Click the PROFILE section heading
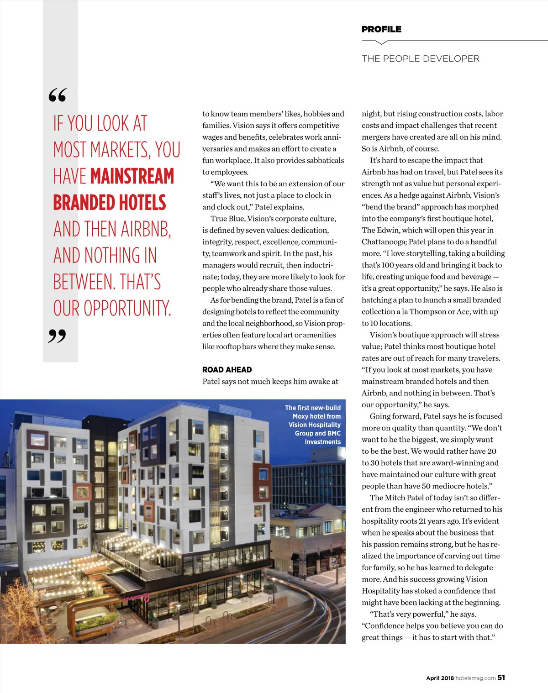(x=381, y=29)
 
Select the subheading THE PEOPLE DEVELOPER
(x=421, y=58)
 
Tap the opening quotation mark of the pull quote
(x=58, y=95)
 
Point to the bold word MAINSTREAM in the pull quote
(x=132, y=177)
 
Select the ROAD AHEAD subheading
(x=227, y=370)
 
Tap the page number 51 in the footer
(x=501, y=678)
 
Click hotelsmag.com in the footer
(x=475, y=678)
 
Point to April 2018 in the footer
(x=440, y=678)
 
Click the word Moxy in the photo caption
(x=300, y=416)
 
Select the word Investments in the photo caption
(x=322, y=442)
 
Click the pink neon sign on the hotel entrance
(x=137, y=598)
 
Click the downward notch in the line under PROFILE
(x=381, y=43)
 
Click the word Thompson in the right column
(x=427, y=312)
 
